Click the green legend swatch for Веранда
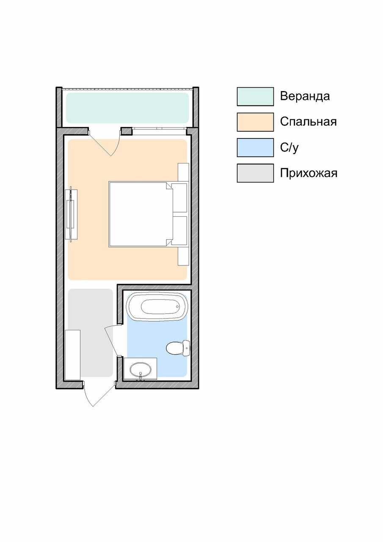(255, 97)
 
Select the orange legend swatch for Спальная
(255, 122)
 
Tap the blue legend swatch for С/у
(255, 147)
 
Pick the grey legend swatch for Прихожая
(255, 173)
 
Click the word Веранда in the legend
(305, 97)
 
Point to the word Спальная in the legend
(308, 122)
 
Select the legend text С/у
(289, 147)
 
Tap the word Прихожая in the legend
(309, 173)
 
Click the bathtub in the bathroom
(157, 307)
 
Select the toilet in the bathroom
(177, 348)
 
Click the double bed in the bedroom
(141, 214)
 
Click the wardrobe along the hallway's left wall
(72, 354)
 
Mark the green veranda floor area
(127, 108)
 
